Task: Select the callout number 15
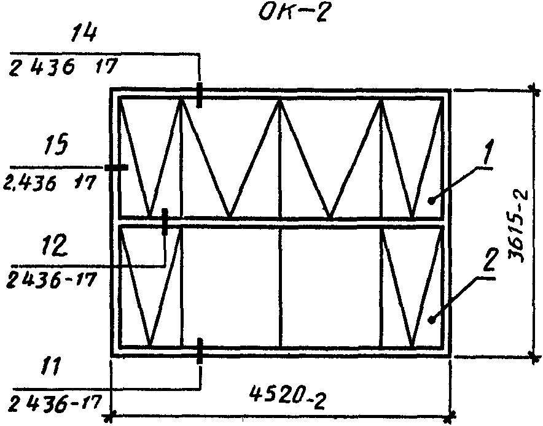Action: (57, 144)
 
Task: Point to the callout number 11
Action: (50, 368)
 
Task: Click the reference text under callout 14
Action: (62, 67)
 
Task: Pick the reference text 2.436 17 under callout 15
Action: (49, 181)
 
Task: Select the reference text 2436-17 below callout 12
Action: (50, 280)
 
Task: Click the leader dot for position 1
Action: (431, 200)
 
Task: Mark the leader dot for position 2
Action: (431, 320)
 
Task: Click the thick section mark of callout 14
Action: (199, 95)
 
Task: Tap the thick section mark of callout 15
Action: (116, 168)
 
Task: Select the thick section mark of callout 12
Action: (165, 222)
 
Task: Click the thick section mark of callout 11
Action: (200, 351)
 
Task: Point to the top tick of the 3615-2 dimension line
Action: (535, 91)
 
